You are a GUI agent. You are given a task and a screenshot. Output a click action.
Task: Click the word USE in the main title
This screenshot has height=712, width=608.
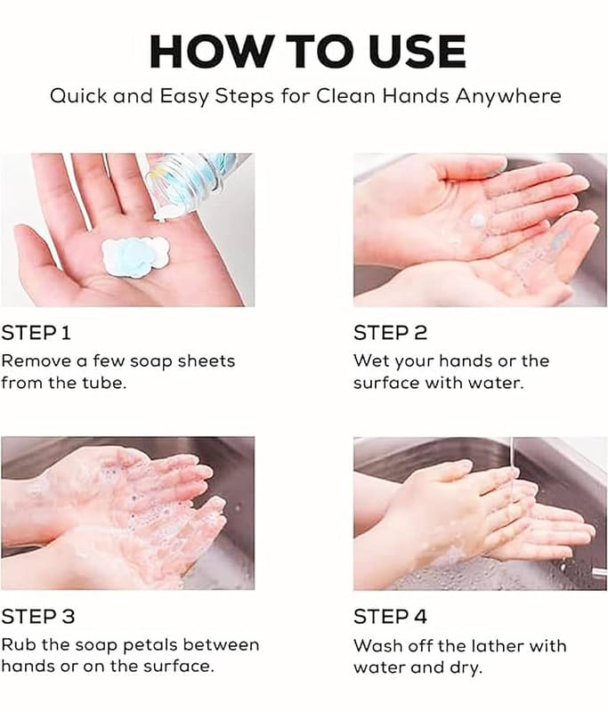coord(417,51)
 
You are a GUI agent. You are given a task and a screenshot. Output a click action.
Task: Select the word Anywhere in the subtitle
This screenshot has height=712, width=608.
coord(508,97)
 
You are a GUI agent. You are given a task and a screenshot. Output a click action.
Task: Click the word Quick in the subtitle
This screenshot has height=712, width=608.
coord(78,96)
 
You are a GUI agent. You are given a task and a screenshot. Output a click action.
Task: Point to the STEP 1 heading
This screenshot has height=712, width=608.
coord(36,333)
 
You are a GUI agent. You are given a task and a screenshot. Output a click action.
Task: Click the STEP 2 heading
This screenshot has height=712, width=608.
coord(391,333)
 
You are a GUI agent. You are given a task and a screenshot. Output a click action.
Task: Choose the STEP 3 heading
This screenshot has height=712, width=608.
coord(38,617)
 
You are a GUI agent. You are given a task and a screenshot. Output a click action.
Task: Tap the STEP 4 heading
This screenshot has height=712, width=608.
coord(391,617)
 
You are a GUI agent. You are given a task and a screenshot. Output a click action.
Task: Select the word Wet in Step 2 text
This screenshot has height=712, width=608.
coord(371,361)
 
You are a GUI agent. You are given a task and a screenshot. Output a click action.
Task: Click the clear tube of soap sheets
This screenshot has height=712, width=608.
coord(194,176)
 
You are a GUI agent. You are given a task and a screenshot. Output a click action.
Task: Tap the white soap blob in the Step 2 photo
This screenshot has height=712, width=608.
coord(478,220)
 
